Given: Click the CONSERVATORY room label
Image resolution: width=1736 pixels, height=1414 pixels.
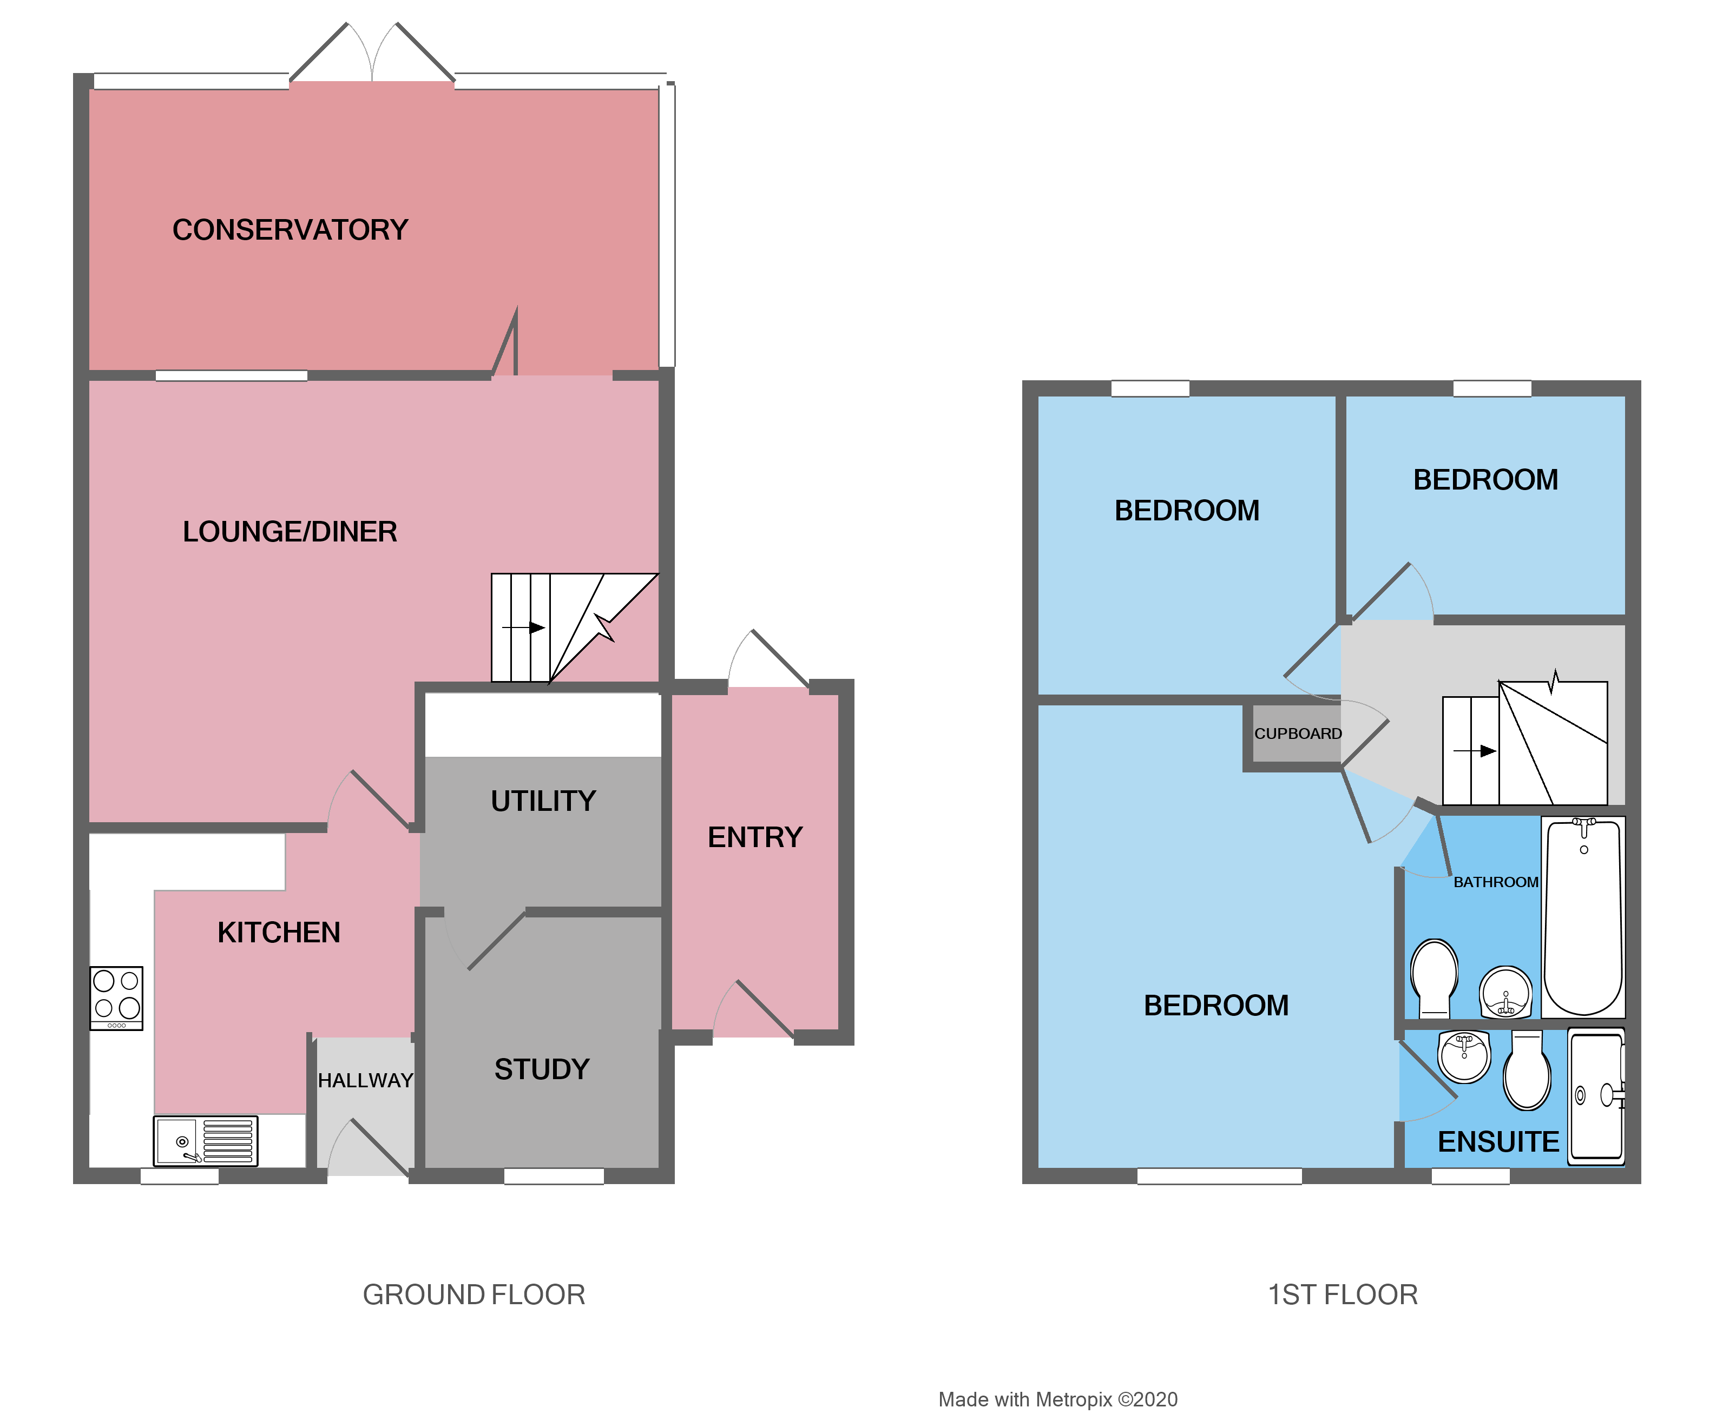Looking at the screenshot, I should point(290,230).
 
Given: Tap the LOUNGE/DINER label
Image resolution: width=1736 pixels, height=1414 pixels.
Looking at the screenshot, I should point(290,532).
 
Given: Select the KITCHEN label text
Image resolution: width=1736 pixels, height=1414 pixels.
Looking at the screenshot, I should point(279,933).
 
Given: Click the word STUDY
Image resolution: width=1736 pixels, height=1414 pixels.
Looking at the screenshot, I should point(542,1069).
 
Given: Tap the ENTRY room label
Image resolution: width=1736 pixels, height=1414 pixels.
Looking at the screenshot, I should point(755,837).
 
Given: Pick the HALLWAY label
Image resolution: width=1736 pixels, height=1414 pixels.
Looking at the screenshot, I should point(365,1081).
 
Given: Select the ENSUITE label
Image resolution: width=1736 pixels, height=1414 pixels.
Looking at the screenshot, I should point(1498,1142).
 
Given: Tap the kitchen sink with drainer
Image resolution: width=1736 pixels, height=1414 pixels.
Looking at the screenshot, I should point(205,1140).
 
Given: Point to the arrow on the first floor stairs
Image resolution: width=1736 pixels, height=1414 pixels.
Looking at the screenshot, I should point(1475,751).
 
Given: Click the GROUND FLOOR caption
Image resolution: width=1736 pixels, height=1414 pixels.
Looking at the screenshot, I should point(474,1294).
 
